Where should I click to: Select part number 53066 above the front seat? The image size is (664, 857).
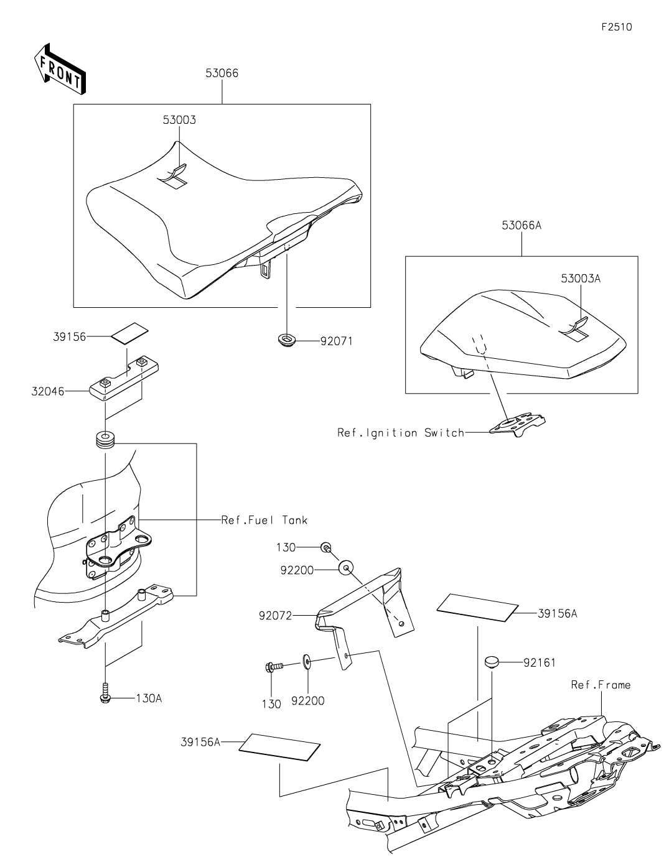(x=222, y=73)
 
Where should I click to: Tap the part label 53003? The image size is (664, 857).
(x=179, y=120)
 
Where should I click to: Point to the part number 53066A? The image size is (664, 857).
(x=521, y=225)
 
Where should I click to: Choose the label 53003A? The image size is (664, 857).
(x=580, y=279)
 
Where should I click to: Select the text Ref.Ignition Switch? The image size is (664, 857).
(x=401, y=432)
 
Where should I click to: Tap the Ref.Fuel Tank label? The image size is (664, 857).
(x=264, y=520)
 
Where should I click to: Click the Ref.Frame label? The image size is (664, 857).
(x=601, y=685)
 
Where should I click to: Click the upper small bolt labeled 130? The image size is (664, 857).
(x=326, y=547)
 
